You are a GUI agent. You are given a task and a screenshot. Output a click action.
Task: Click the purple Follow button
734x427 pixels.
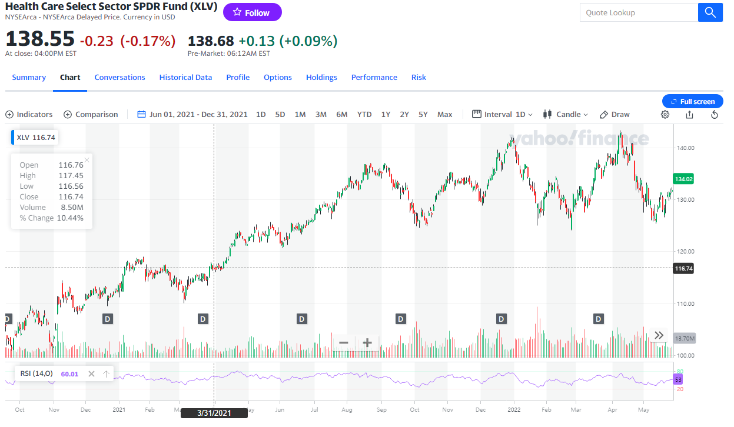coord(252,12)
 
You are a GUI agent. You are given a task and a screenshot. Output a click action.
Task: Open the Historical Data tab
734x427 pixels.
coord(185,78)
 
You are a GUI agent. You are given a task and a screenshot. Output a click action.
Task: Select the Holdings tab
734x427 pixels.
coord(321,78)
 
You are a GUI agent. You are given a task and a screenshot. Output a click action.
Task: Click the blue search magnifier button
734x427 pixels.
coord(710,12)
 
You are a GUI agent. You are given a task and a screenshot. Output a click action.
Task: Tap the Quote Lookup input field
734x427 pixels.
coord(638,12)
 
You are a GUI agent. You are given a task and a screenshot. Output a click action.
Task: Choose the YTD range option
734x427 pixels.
coord(364,115)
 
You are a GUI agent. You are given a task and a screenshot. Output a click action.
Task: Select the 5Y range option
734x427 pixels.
coord(423,115)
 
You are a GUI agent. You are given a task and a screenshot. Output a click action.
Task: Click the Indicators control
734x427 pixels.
coord(29,115)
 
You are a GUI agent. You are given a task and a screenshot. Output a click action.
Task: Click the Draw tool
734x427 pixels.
coord(615,115)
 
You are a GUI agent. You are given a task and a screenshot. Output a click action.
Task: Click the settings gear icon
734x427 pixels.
coord(665,115)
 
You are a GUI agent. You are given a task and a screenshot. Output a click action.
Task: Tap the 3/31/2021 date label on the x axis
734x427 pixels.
coord(214,413)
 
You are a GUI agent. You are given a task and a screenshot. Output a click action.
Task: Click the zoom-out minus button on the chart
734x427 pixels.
coord(344,342)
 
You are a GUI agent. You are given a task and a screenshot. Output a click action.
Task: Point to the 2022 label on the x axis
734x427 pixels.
coord(514,409)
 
